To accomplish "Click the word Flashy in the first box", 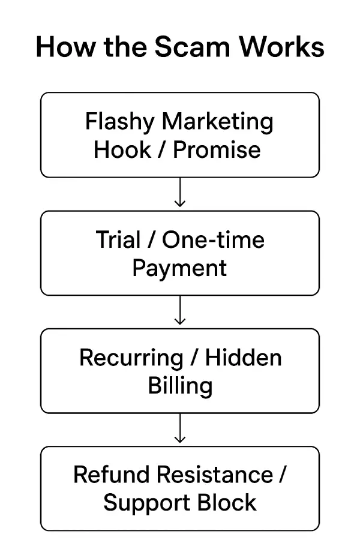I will click(x=120, y=122).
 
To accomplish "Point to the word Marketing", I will click(x=218, y=122).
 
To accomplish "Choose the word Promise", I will click(x=217, y=149).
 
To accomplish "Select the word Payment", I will click(x=179, y=268).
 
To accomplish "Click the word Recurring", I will click(x=130, y=358).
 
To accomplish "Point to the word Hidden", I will click(x=244, y=358).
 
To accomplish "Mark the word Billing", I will click(x=180, y=385).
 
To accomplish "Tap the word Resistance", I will click(x=214, y=475).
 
